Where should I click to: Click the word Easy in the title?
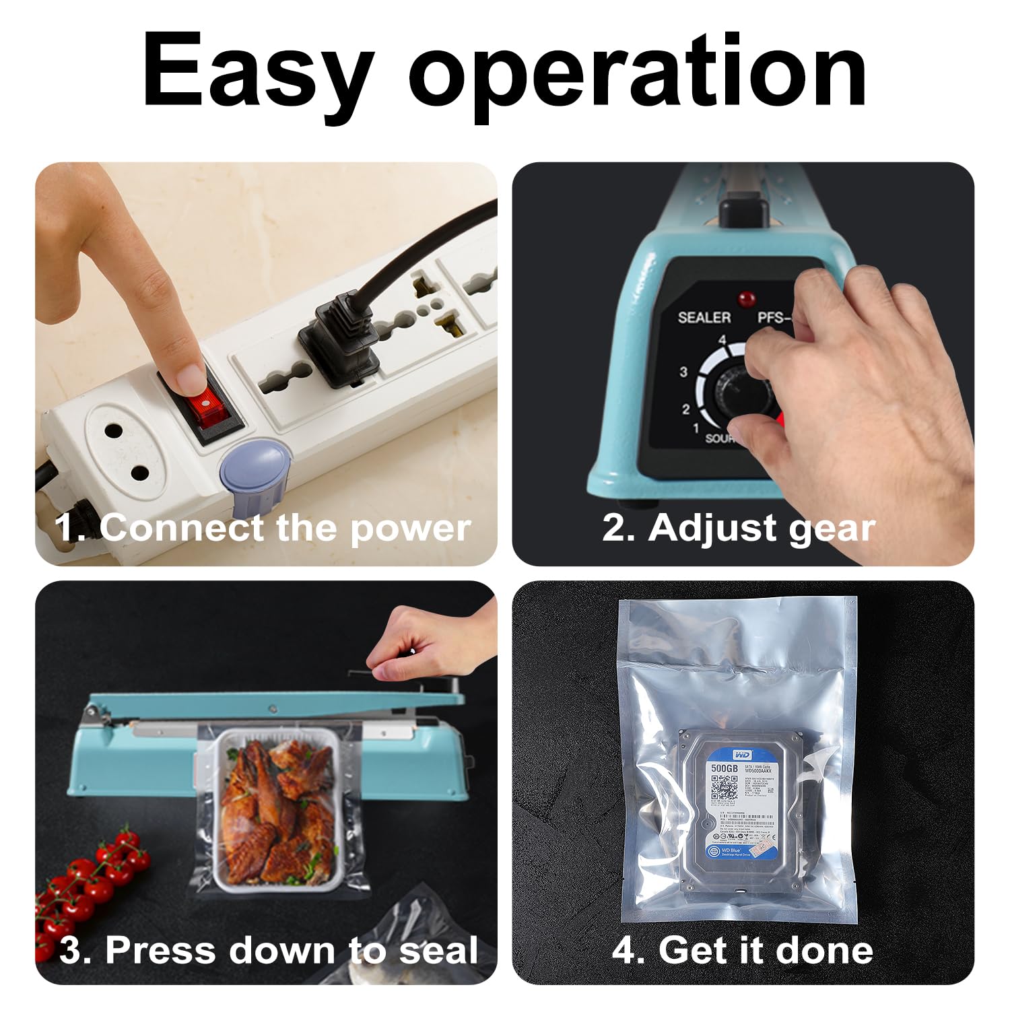tap(257, 71)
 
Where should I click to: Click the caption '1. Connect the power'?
tap(263, 528)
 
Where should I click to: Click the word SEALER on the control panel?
tap(704, 317)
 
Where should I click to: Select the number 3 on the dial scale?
tap(683, 372)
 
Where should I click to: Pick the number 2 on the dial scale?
tap(685, 409)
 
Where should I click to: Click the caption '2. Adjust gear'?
tap(739, 528)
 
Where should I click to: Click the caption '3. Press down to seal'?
tap(268, 950)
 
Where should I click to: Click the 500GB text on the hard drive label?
tap(725, 768)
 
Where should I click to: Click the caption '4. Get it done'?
tap(742, 950)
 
